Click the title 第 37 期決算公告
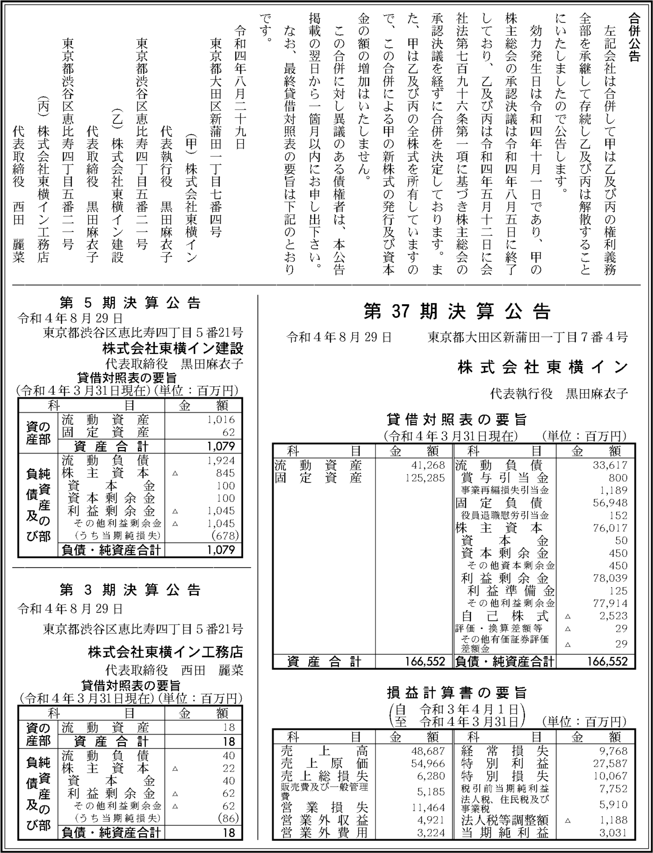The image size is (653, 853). pos(457,312)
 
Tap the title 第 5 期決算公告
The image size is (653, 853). pos(130,303)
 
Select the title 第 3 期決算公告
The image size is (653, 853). pos(130,590)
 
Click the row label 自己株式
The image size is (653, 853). pos(504,616)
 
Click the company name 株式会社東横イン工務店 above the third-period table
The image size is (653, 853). pos(165,652)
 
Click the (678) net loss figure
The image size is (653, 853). pos(225,536)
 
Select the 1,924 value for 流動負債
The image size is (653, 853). pos(221,460)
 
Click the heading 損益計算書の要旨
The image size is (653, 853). pos(457,692)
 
